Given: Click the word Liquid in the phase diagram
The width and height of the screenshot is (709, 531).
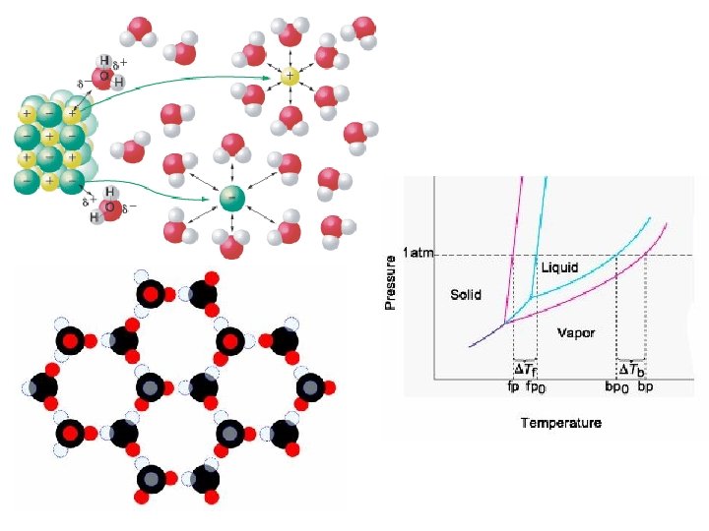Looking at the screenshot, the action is coord(559,267).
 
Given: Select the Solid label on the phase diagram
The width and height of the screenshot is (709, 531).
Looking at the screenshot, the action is coord(466,294).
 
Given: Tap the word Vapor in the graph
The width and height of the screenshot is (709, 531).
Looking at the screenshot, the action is coord(576,332).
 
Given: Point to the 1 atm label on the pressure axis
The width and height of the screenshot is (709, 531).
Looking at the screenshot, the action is coord(418,255).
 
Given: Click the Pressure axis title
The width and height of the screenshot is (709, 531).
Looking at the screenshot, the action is coord(391,283).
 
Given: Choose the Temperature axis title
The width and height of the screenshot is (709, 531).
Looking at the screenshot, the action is coord(560,423).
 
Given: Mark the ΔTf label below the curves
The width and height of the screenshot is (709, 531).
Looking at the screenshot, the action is coord(526,370).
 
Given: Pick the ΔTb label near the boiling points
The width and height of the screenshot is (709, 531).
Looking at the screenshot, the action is coord(630,370).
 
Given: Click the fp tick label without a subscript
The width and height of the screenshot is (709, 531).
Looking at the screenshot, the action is coord(513,386).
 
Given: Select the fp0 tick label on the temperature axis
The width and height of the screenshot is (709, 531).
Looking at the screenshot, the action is coord(537,387).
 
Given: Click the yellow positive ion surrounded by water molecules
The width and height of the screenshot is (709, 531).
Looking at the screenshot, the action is coord(290,77).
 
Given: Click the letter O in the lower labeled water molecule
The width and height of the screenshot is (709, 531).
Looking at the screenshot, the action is coord(109,207).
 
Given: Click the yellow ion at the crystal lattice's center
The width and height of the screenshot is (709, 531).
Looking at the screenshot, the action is coord(49,134).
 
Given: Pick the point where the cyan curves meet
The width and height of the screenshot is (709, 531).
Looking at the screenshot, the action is coord(532,296).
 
